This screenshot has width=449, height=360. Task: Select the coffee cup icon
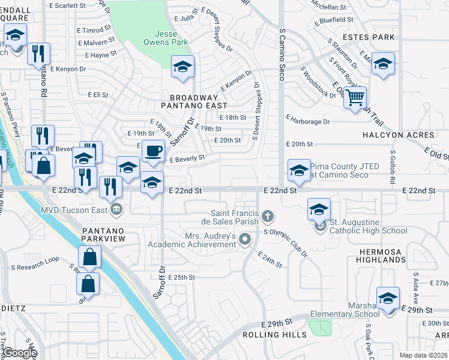pos(153,151)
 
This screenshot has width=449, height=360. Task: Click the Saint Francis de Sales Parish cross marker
pos(268,215)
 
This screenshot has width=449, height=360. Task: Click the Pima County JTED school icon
pos(298,170)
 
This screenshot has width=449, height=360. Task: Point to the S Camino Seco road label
pos(281,55)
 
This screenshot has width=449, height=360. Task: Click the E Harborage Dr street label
pos(308,121)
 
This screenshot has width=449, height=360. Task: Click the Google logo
pos(20,353)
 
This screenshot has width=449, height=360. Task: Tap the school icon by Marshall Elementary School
pos(388,299)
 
